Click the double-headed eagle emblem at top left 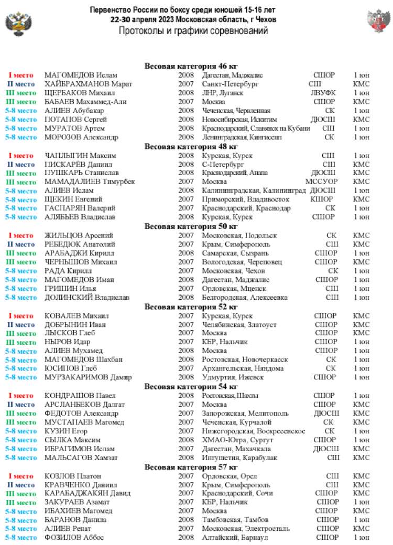pyautogui.click(x=16, y=24)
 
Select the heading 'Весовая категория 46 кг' pyautogui.click(x=191, y=66)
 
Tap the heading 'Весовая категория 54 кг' pyautogui.click(x=191, y=387)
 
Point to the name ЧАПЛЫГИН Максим pyautogui.click(x=80, y=156)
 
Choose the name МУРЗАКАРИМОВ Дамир pyautogui.click(x=87, y=377)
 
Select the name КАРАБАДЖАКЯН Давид pyautogui.click(x=87, y=493)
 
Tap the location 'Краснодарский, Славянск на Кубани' pyautogui.click(x=256, y=128)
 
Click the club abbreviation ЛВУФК pyautogui.click(x=323, y=93)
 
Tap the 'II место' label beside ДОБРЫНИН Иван pyautogui.click(x=21, y=325)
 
